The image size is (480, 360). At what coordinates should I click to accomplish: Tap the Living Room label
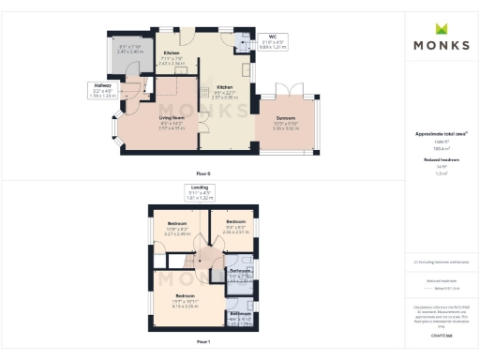[172, 121]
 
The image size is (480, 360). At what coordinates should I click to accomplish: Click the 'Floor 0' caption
[202, 174]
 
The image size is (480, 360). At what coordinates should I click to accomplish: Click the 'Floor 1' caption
[202, 342]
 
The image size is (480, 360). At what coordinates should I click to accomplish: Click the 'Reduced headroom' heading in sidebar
[441, 160]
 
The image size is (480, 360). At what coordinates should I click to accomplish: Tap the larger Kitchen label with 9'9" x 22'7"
[226, 92]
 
